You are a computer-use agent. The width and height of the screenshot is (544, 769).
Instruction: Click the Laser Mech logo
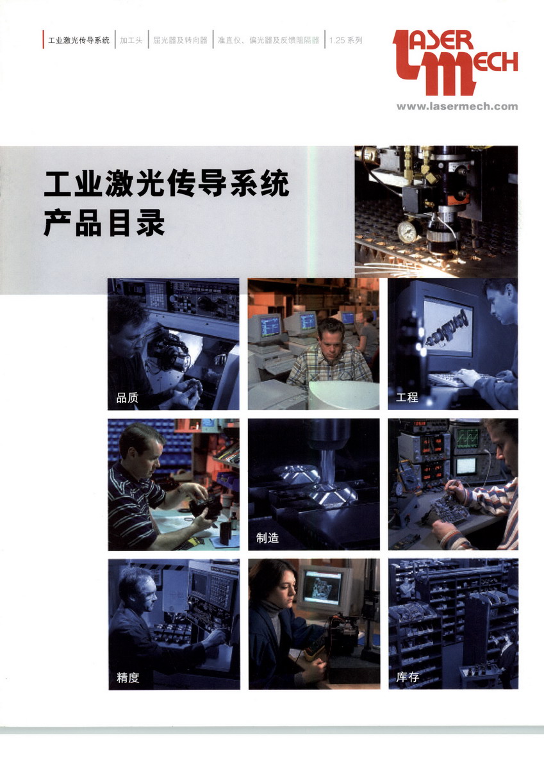[x=455, y=63]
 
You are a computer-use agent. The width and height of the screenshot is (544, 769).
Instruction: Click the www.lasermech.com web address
[x=457, y=106]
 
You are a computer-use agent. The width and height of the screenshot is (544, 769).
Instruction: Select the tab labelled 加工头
[x=131, y=40]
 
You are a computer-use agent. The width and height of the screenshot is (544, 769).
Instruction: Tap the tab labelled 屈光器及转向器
[x=180, y=40]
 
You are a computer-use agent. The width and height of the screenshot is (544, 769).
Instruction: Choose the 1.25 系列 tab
[x=345, y=40]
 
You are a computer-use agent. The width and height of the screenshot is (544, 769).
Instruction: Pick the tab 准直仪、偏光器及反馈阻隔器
[x=268, y=40]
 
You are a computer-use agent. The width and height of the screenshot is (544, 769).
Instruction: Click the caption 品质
[x=128, y=398]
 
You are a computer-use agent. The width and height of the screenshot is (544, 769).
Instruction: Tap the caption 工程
[x=407, y=397]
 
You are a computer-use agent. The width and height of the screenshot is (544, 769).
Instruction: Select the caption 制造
[x=267, y=538]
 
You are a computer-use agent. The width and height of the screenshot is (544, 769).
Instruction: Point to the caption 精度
[x=128, y=678]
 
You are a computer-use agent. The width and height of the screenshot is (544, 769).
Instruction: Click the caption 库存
[x=408, y=677]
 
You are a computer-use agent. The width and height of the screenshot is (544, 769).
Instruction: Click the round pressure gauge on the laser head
[x=407, y=231]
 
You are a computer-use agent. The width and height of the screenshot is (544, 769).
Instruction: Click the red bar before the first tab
[x=43, y=40]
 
